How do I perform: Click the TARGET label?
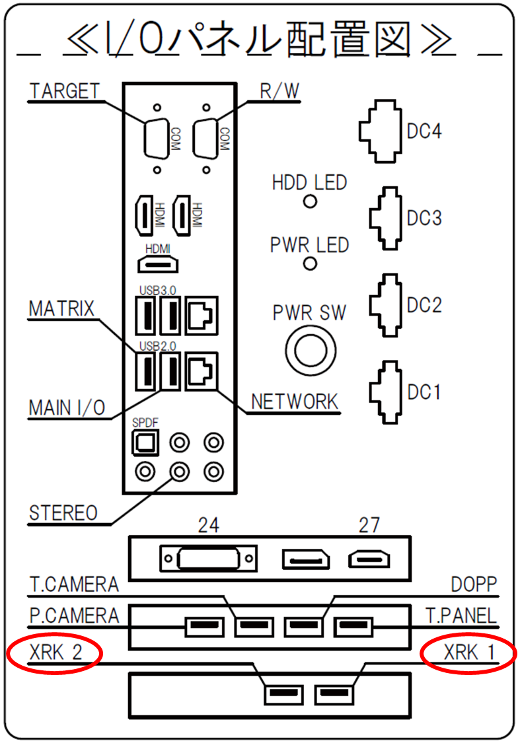[65, 91]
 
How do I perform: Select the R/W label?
[279, 91]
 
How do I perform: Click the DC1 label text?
[424, 392]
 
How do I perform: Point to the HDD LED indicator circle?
[310, 202]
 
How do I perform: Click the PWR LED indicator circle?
[310, 264]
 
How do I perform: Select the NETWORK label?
[294, 402]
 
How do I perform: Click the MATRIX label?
[61, 308]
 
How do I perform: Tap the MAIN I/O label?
[67, 407]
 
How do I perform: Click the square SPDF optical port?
[145, 442]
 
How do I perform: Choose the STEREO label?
[63, 513]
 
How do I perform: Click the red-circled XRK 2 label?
[55, 653]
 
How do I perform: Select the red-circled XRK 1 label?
[468, 653]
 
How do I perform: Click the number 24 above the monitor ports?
[209, 525]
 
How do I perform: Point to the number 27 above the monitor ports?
[369, 525]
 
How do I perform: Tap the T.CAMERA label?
[74, 584]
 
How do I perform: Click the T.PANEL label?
[461, 616]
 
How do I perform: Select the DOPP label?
[474, 584]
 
